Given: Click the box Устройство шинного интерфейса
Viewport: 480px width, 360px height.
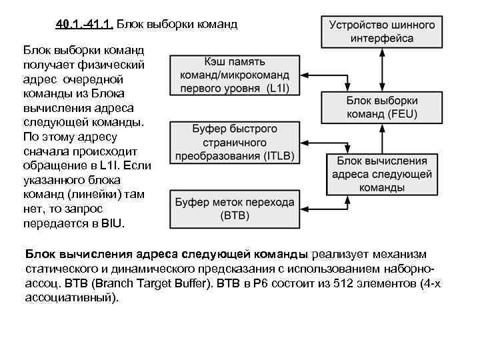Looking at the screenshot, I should pos(381,31).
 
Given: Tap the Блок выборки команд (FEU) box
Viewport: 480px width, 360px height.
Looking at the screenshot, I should pos(381,107).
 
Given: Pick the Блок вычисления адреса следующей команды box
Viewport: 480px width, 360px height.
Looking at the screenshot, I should pos(381,174).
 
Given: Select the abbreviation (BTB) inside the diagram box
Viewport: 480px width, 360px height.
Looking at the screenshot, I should pos(233,216).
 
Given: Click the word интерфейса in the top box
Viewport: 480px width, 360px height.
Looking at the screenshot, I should pos(381,39).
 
